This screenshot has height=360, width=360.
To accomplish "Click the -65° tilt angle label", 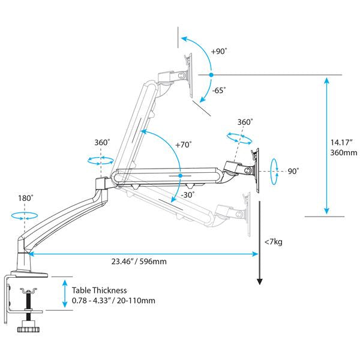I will click(220, 91).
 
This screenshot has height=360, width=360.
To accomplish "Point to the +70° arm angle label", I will click(184, 145).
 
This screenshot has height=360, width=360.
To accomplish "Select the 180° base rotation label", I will click(25, 197).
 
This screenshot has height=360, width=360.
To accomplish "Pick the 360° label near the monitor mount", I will click(245, 121).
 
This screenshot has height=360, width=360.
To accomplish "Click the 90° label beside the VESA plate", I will click(293, 171).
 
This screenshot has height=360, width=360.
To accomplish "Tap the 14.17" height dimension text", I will click(343, 142).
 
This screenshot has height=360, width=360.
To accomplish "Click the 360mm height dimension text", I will click(343, 153).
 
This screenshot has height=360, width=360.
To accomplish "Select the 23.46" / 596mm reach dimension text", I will click(139, 262).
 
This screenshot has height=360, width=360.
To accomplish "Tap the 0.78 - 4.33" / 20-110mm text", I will click(113, 299).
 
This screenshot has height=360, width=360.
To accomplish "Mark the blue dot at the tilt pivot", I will click(211, 74).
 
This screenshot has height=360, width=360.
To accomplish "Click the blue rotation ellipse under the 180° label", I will click(24, 215).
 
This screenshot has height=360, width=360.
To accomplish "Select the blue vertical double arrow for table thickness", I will click(64, 294).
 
